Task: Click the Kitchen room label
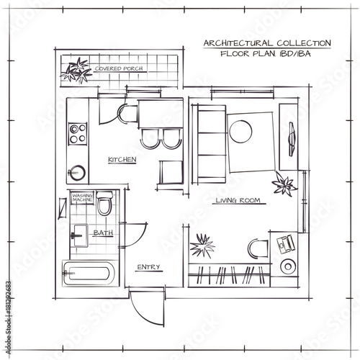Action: click(x=122, y=160)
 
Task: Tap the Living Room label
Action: click(x=238, y=200)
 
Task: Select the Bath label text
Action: click(x=103, y=233)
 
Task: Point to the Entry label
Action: click(x=148, y=267)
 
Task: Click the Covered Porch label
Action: click(x=119, y=68)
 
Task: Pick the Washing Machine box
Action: click(x=82, y=198)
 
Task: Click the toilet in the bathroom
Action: click(x=104, y=203)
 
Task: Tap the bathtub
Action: click(x=90, y=274)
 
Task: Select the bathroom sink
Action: click(x=80, y=235)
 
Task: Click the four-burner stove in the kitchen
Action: click(x=78, y=134)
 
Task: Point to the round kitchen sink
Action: click(x=77, y=173)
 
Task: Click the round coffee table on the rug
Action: click(x=240, y=132)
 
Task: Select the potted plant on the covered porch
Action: click(x=76, y=71)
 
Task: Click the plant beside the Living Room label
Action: click(x=284, y=184)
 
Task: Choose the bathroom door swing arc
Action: click(x=141, y=238)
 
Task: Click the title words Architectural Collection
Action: click(x=267, y=43)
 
